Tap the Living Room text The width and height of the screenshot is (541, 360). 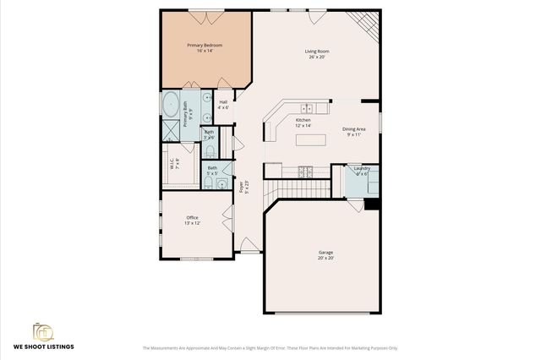[317, 54]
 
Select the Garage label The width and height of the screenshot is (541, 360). [325, 255]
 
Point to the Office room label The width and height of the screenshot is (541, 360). [192, 220]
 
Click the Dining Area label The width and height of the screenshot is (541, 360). [354, 132]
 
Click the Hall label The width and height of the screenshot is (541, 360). [223, 105]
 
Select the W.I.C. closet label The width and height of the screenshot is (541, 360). [172, 163]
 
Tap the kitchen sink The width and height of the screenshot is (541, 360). [308, 107]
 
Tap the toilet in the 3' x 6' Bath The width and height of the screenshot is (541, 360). [209, 151]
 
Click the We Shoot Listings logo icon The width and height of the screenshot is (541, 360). [43, 332]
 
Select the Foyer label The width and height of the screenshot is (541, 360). [242, 187]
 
